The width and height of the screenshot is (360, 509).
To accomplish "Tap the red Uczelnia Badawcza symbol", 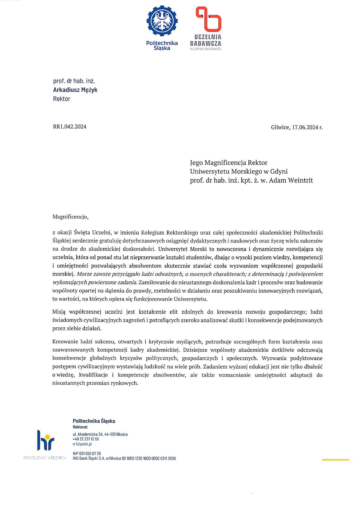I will click(x=208, y=19).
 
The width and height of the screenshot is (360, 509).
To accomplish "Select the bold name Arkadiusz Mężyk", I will click(x=75, y=90).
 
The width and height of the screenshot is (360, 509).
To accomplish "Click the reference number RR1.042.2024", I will click(x=70, y=127).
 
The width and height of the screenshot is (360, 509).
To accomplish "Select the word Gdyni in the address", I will click(x=279, y=172).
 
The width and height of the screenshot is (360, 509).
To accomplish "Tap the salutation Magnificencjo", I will click(x=70, y=217).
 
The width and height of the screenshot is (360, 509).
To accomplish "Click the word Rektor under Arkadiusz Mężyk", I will click(x=62, y=99).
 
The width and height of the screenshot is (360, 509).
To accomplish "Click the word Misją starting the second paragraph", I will click(x=59, y=312).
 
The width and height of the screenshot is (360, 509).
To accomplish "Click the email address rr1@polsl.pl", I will click(x=82, y=444).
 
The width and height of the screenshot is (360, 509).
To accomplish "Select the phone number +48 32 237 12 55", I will click(x=86, y=439).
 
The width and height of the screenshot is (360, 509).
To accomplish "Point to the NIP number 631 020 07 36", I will click(x=87, y=454).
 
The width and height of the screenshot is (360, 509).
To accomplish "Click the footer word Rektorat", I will click(x=80, y=427).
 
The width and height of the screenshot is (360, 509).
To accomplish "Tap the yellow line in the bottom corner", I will click(x=335, y=460).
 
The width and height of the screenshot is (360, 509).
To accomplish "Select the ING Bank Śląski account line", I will click(x=124, y=458).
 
